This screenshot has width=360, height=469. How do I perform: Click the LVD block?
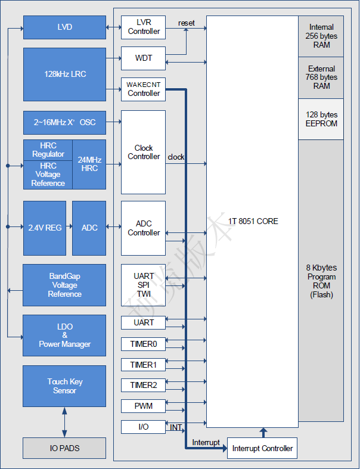pos(64,27)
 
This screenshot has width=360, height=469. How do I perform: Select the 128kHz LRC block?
pos(64,74)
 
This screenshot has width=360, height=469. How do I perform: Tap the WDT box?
pos(143,58)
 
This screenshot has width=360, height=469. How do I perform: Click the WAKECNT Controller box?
pos(143,89)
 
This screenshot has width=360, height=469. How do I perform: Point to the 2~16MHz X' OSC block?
pos(64,122)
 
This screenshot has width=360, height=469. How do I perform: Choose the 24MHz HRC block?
pos(89,164)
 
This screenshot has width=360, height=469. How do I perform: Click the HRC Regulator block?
pos(48,150)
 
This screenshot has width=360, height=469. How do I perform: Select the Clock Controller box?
pos(143,152)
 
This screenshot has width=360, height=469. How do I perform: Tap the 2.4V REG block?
pos(45,228)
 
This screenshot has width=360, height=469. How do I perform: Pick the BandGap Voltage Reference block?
pos(64,285)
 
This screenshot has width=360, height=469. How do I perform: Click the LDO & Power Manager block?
pos(64,336)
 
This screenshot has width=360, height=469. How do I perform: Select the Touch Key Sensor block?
pos(64,386)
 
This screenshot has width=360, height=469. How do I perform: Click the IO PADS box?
pos(64,448)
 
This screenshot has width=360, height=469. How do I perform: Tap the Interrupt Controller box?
pos(262,448)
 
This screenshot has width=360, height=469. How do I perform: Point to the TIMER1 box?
pos(143,365)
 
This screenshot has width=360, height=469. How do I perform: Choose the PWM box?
pos(143,406)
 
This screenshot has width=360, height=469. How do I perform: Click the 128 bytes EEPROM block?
pos(321,119)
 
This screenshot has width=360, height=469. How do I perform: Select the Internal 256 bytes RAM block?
pos(321,36)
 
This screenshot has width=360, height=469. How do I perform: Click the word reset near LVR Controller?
pos(187,23)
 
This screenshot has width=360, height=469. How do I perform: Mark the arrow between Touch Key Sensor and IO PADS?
pos(64,423)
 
